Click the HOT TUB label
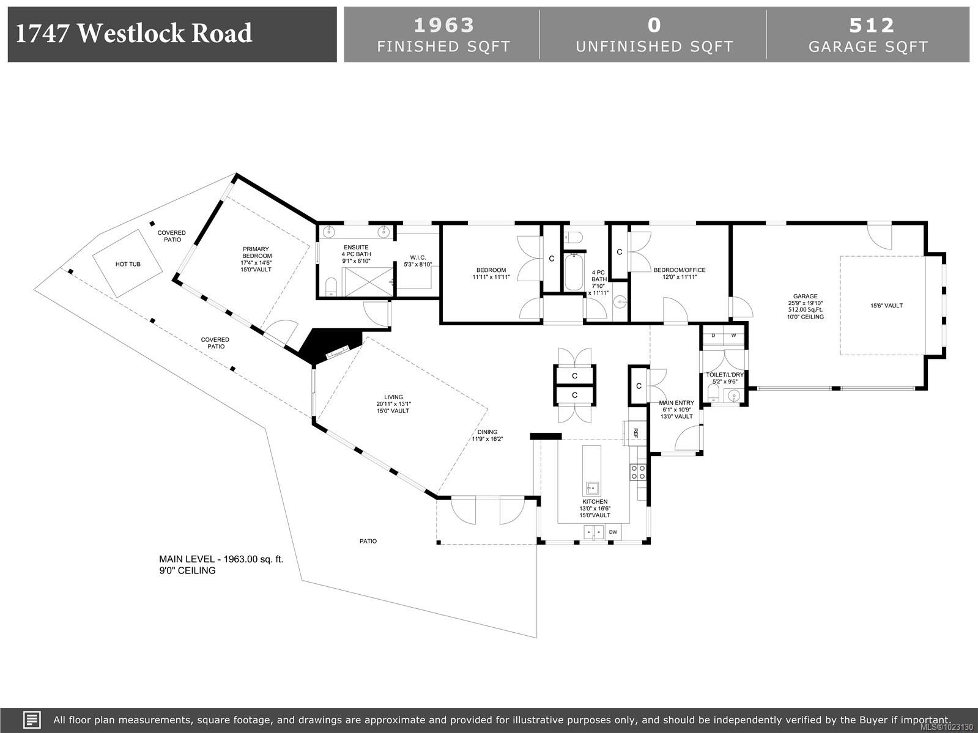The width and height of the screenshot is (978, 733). pos(128,264)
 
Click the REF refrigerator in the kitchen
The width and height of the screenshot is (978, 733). pos(635,433)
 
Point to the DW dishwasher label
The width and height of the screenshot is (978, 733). pos(613,532)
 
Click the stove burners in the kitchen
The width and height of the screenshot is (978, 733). pos(638,471)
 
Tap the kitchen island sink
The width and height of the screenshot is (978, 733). pos(592,488)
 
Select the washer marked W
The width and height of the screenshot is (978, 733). pos(733,335)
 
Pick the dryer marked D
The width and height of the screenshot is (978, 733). pos(713,335)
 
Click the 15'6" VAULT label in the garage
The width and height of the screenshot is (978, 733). pos(886,306)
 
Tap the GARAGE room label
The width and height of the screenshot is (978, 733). pos(805,297)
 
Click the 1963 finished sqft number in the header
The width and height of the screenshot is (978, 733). pos(443,25)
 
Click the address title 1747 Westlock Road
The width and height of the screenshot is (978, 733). pos(133,34)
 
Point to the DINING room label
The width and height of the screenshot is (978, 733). pos(487,432)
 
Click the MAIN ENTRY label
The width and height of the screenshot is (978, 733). pos(676,403)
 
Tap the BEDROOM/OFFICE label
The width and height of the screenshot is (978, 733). pos(679,270)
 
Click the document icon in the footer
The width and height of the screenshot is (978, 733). pos(32,720)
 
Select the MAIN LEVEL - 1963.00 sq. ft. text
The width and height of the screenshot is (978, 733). pos(221,559)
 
